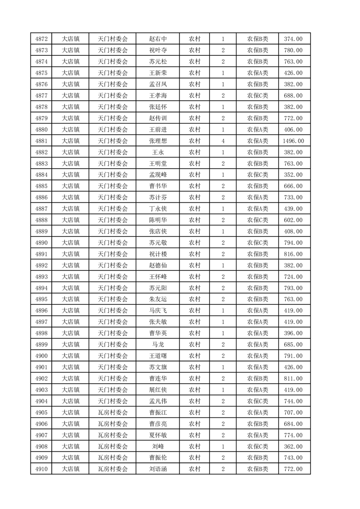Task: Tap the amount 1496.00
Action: [x=294, y=141]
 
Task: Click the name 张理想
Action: [x=158, y=141]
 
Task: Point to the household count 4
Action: [x=223, y=141]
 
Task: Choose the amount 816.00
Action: [x=294, y=254]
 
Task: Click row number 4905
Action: [x=41, y=412]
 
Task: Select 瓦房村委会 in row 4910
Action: [x=113, y=469]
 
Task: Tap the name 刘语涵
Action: [x=158, y=469]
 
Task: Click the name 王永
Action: [x=158, y=152]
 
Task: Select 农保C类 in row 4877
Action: [x=257, y=96]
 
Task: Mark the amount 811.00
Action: [x=294, y=378]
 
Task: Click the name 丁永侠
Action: [x=158, y=209]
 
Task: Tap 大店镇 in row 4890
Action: [x=70, y=243]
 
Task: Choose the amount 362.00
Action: [x=294, y=446]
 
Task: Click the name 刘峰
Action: [x=158, y=446]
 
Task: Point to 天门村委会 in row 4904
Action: [x=113, y=401]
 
